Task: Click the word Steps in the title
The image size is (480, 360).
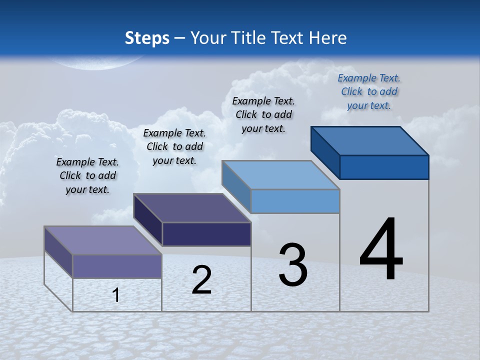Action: [147, 38]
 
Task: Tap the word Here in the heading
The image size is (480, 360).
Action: [327, 38]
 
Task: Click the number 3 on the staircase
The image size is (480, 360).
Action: [293, 265]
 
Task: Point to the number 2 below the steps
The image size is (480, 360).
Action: [201, 280]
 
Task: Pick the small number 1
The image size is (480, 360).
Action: [116, 295]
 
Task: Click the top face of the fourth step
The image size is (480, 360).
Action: [370, 140]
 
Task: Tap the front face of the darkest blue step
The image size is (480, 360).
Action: [384, 167]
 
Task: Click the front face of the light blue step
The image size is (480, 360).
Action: [295, 201]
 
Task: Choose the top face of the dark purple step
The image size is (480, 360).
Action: [192, 207]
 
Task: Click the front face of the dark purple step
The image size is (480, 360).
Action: [206, 234]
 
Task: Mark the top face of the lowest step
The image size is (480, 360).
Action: [103, 240]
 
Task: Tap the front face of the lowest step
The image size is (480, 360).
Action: [117, 266]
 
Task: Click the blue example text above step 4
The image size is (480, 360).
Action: [369, 91]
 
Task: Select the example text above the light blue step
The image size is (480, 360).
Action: [263, 114]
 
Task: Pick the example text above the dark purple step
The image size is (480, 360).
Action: [174, 146]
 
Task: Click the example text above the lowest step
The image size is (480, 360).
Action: [87, 175]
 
